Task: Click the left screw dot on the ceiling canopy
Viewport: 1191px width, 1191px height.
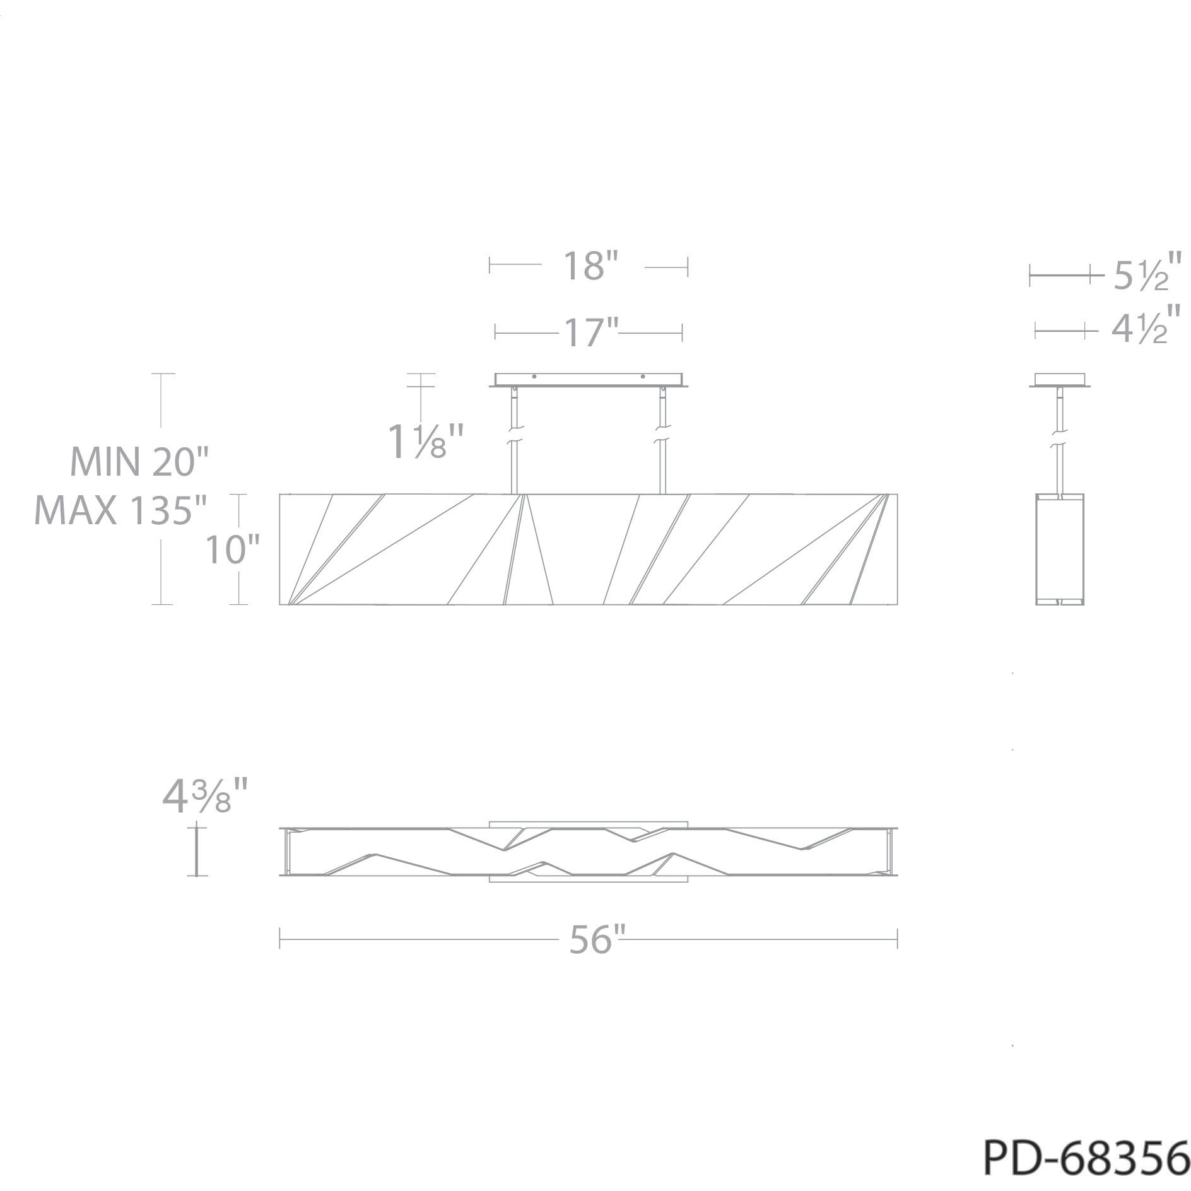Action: (534, 377)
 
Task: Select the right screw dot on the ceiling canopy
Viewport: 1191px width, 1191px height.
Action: (643, 377)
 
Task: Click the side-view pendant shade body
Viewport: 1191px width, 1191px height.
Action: (1062, 549)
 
